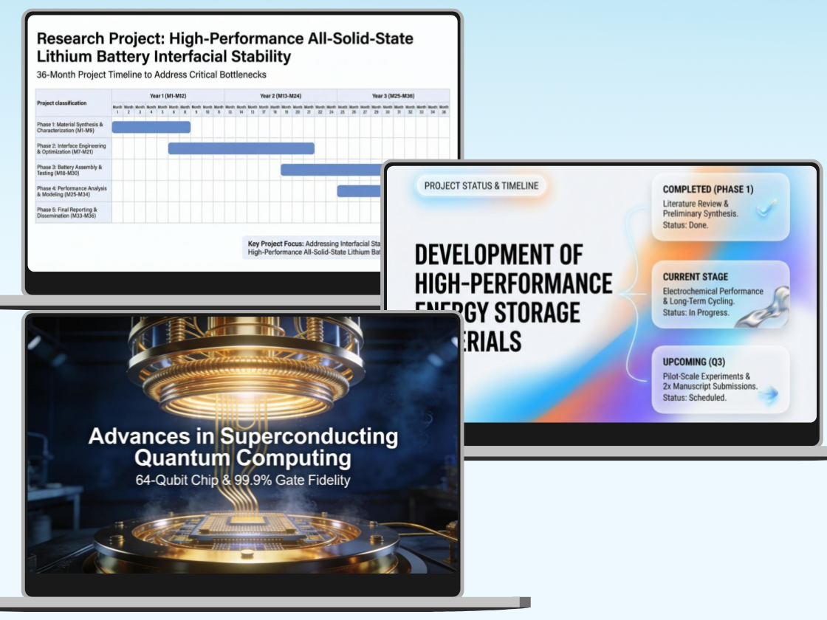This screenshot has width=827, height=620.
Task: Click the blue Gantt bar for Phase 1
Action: [151, 127]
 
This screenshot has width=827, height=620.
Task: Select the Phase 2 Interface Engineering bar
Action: [241, 148]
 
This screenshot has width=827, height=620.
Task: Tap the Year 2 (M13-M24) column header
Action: [281, 95]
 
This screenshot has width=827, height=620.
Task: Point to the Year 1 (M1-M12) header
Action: [168, 95]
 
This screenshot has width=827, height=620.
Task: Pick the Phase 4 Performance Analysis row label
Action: [72, 191]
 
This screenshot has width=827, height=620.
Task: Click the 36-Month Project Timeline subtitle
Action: [151, 75]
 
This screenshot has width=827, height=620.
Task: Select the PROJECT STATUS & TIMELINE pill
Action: [481, 186]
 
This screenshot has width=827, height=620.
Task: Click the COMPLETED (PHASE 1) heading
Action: [707, 189]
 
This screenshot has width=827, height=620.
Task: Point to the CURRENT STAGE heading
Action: [695, 277]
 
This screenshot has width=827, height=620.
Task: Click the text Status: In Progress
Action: [696, 312]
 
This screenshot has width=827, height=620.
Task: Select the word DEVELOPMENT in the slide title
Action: [498, 255]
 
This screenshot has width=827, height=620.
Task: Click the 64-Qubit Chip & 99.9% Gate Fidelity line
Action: [243, 480]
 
